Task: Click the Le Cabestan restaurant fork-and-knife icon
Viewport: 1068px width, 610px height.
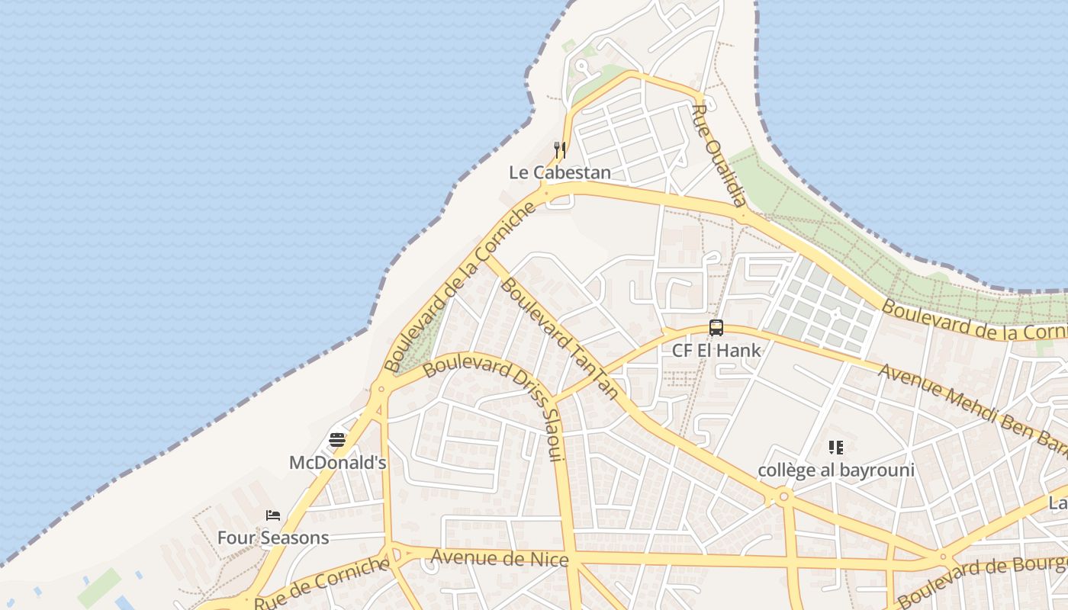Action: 560,149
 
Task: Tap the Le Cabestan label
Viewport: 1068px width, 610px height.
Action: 560,173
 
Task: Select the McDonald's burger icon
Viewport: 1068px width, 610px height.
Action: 337,440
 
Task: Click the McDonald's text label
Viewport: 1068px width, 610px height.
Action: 337,463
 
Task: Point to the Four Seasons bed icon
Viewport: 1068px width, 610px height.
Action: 273,515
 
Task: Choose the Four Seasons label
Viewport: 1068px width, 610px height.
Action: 273,538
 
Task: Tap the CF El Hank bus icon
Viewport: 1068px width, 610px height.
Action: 716,328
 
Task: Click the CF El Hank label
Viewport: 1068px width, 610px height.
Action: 716,351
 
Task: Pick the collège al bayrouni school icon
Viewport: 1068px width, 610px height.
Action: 836,448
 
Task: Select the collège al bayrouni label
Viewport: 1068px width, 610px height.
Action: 836,470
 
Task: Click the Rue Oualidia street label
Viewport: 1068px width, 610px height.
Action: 718,156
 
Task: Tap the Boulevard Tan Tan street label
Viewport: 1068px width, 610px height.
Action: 559,340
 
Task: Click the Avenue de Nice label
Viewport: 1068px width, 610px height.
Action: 500,559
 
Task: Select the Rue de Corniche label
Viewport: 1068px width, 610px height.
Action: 321,583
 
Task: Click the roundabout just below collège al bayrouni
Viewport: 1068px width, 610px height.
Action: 783,497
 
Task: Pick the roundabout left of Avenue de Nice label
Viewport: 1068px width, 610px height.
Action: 391,554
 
